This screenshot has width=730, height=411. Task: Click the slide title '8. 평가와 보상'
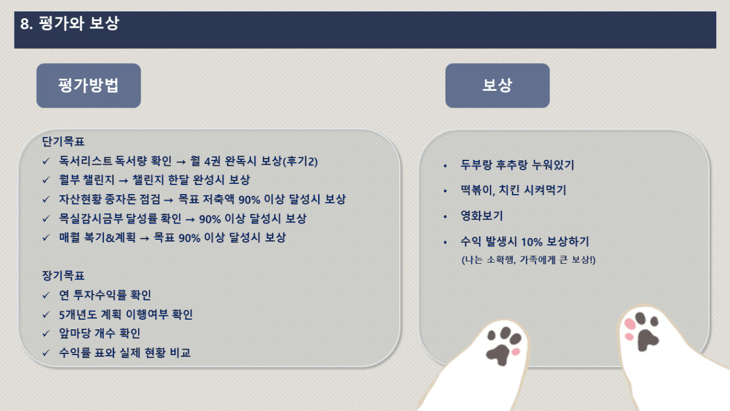70,23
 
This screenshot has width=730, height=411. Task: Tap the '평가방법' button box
89,85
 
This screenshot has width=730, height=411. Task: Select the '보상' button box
497,85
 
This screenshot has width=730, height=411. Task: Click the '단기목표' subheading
63,142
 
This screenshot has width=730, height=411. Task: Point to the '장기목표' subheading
63,276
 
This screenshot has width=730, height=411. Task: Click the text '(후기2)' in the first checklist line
300,161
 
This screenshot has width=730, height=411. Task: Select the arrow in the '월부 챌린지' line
123,180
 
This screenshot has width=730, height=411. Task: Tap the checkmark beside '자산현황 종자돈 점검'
46,199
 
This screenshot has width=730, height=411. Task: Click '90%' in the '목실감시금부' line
210,219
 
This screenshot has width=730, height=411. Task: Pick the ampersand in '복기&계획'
110,238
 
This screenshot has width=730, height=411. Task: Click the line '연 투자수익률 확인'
104,295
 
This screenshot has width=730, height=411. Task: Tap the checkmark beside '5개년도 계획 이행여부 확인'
46,315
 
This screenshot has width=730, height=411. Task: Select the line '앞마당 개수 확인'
100,333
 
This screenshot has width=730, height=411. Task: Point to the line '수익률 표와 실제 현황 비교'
124,353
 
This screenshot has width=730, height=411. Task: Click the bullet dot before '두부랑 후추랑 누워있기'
445,166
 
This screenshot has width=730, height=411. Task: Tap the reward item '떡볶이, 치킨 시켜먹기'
513,190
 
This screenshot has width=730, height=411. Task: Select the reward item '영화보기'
481,216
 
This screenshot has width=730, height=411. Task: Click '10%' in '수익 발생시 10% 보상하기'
531,242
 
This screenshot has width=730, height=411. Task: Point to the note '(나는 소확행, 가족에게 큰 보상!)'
528,260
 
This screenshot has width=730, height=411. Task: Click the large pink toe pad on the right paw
630,324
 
